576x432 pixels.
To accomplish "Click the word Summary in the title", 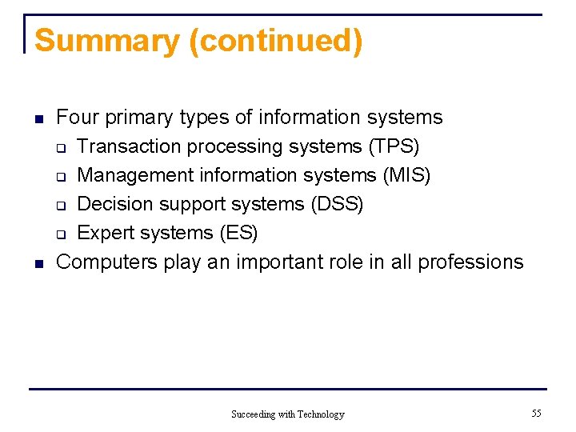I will coord(107,41).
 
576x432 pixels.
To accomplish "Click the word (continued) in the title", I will coord(275,41).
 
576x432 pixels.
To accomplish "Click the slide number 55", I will coord(536,413).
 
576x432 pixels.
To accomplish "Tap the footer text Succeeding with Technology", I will coord(287,414).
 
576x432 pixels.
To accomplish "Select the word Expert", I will coord(105,233).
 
